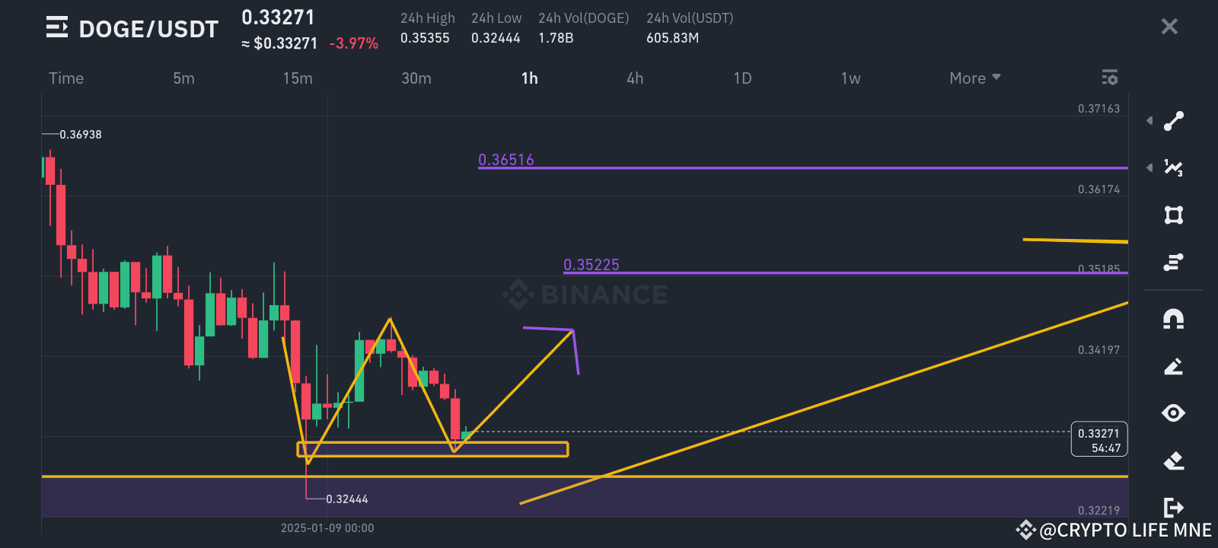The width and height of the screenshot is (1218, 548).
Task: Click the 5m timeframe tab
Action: pyautogui.click(x=183, y=78)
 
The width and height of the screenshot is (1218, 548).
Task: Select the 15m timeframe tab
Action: pyautogui.click(x=298, y=78)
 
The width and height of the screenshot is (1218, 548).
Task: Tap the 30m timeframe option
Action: pyautogui.click(x=416, y=78)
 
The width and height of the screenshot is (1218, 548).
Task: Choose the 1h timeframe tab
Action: pyautogui.click(x=530, y=78)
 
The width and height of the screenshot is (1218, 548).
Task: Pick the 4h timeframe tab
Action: pyautogui.click(x=635, y=78)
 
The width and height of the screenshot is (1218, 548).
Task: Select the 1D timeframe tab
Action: pyautogui.click(x=742, y=78)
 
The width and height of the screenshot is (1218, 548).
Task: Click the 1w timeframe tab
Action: pyautogui.click(x=850, y=78)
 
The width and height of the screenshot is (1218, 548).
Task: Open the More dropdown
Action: pyautogui.click(x=974, y=78)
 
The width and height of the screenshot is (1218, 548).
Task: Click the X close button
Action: pyautogui.click(x=1169, y=27)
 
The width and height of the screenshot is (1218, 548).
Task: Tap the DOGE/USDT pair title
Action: pyautogui.click(x=148, y=29)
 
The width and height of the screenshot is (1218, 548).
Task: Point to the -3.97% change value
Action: pyautogui.click(x=353, y=43)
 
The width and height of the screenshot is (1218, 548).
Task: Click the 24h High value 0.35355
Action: pyautogui.click(x=425, y=38)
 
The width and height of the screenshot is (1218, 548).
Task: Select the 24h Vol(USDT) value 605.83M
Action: pyautogui.click(x=672, y=38)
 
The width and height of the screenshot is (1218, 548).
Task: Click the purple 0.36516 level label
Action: pyautogui.click(x=506, y=160)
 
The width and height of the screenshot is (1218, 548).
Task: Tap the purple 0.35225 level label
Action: pyautogui.click(x=591, y=265)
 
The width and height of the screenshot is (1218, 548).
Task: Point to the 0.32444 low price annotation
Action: pyautogui.click(x=347, y=499)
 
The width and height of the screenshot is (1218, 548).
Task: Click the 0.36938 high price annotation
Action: pyautogui.click(x=81, y=135)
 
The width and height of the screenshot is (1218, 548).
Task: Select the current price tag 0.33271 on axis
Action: pyautogui.click(x=1098, y=434)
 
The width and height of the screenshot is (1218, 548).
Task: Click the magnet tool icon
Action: pyautogui.click(x=1173, y=319)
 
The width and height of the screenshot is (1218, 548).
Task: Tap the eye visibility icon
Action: pyautogui.click(x=1173, y=413)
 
